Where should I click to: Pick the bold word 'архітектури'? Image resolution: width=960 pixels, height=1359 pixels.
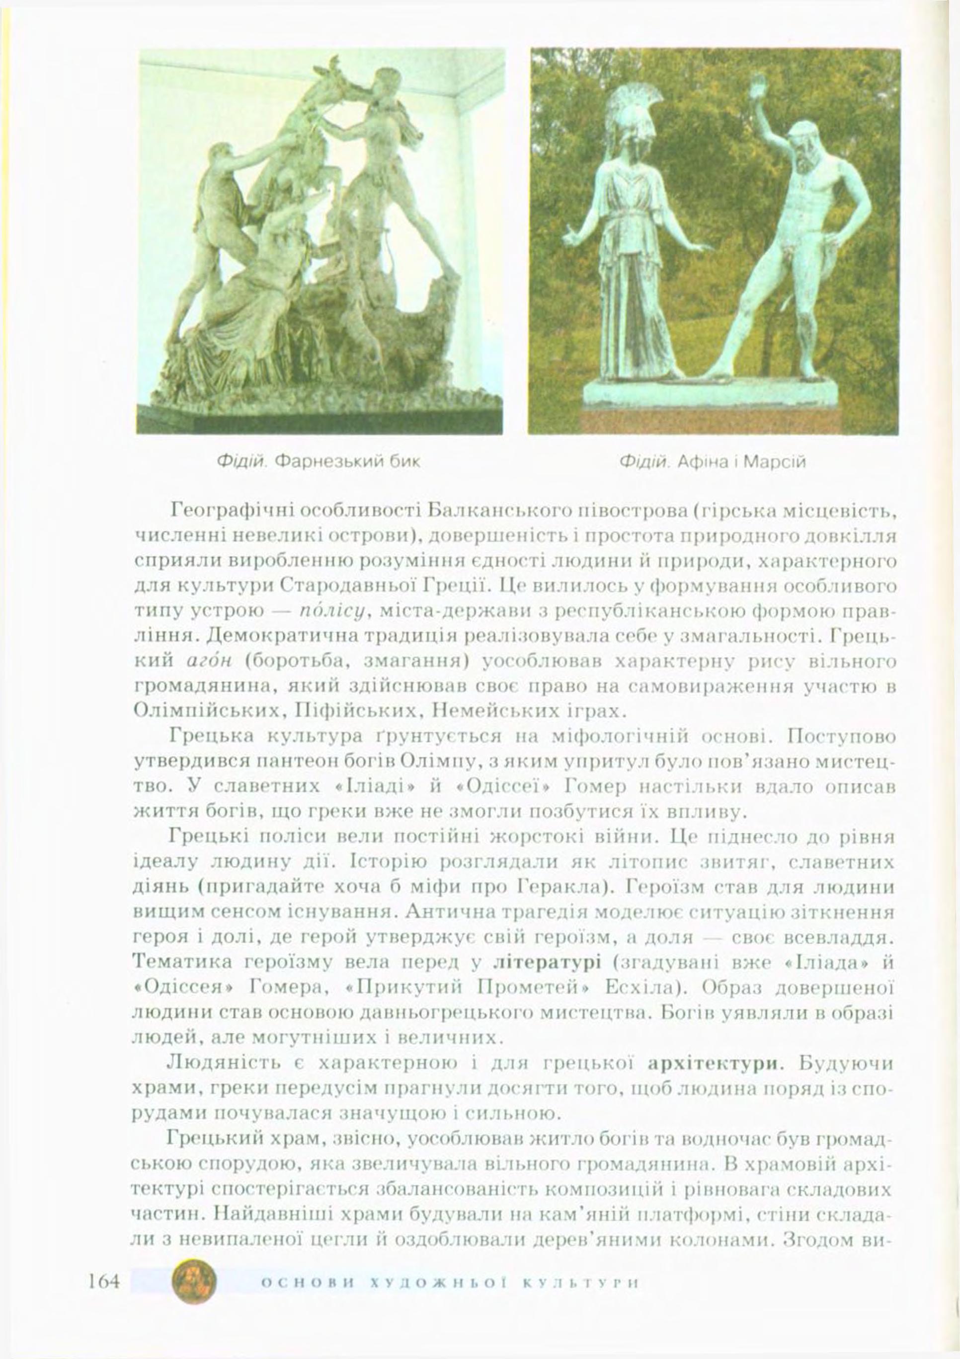[x=713, y=1063]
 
